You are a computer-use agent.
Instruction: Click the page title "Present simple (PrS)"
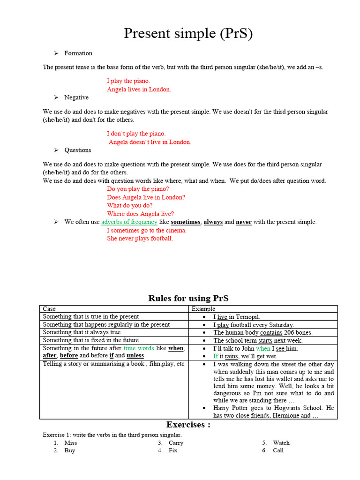coord(188,34)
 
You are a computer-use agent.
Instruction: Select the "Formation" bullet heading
coord(78,53)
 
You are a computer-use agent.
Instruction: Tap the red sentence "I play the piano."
coord(128,81)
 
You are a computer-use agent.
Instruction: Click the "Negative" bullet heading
coord(76,97)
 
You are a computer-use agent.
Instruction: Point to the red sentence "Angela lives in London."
coord(139,90)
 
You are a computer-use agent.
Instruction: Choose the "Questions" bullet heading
coord(78,150)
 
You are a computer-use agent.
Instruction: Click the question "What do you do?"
coord(129,205)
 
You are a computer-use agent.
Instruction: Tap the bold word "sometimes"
coord(186,222)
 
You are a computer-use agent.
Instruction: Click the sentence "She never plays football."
coord(140,239)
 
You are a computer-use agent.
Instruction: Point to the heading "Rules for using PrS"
coord(188,299)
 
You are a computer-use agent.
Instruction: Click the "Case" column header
coord(49,309)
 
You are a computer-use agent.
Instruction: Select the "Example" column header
coord(203,309)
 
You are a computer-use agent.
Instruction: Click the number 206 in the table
coord(292,332)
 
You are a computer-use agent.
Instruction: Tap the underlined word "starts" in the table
coord(265,341)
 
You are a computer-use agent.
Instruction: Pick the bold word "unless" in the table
coord(135,356)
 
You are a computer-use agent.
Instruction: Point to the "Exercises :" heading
coord(188,425)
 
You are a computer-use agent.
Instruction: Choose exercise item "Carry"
coord(176,443)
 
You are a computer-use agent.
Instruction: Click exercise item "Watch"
coord(281,443)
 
